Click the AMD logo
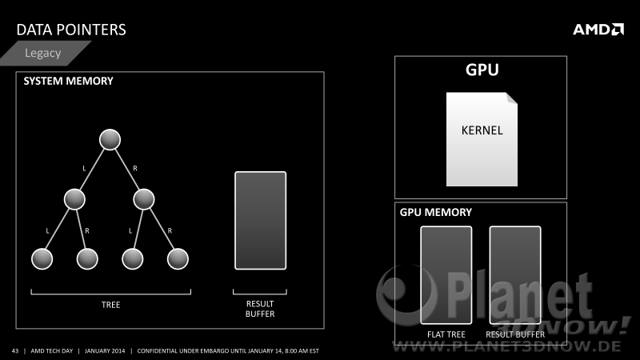point(598,30)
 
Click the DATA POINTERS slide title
point(71,30)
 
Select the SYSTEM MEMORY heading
point(68,81)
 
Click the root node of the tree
point(110,139)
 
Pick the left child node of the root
point(74,199)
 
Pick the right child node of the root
point(144,199)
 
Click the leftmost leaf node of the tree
point(42,258)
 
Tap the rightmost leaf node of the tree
point(178,258)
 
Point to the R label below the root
point(135,168)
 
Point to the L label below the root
point(85,168)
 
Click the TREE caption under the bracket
point(110,305)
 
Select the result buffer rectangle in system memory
point(261,221)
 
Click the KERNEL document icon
point(482,139)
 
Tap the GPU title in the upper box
point(482,70)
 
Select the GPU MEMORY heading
point(435,212)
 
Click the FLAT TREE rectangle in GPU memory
point(446,275)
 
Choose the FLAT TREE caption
point(446,334)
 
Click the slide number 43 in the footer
point(15,350)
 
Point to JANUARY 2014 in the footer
point(105,350)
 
